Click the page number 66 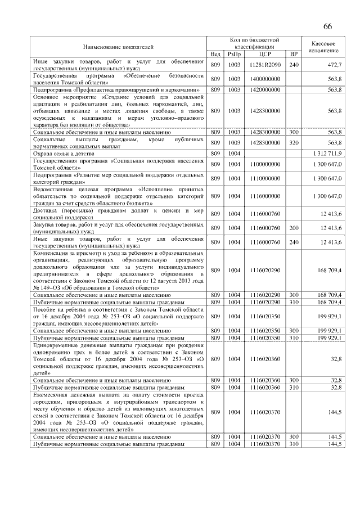(327, 26)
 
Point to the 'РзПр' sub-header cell (234, 54)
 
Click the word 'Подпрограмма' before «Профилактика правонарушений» (53, 89)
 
